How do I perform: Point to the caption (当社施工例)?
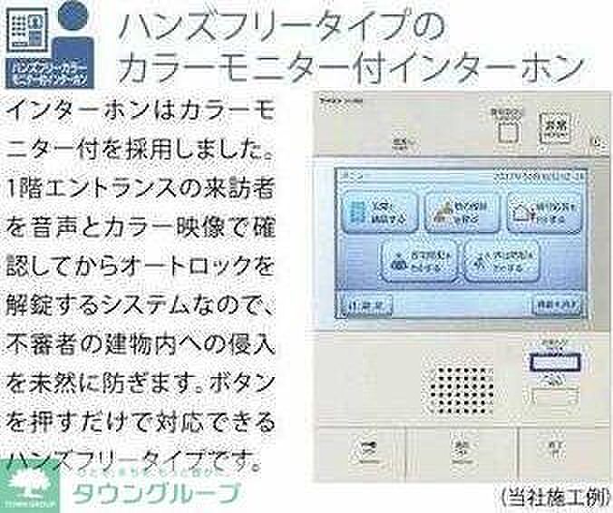coord(550,496)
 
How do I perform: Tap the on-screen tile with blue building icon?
coord(380,212)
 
